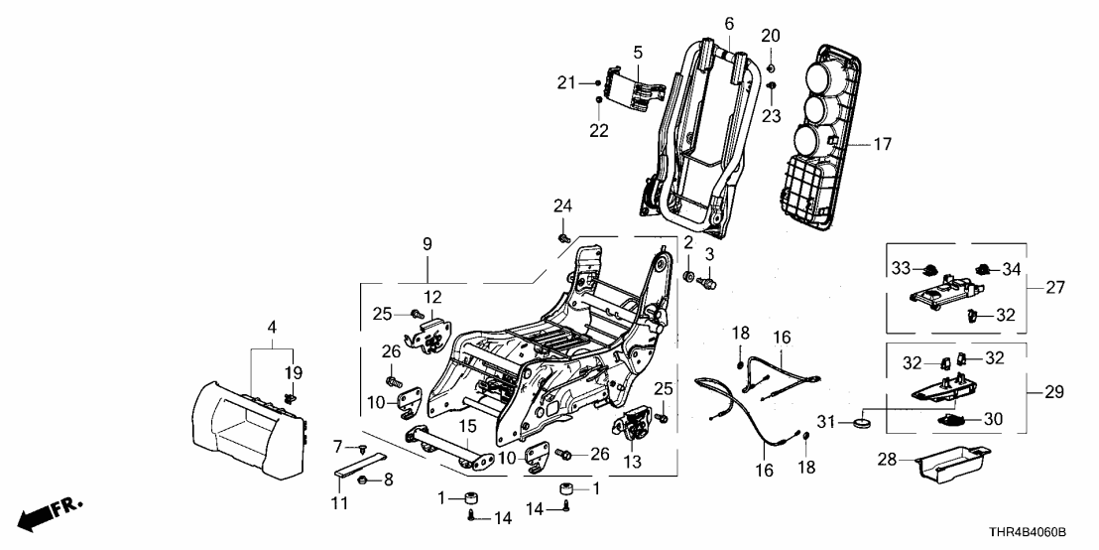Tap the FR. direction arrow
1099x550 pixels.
tap(50, 512)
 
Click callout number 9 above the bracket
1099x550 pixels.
tap(428, 242)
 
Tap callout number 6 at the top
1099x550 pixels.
tap(729, 22)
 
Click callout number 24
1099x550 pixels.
tap(563, 206)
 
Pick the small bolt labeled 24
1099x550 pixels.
tap(562, 238)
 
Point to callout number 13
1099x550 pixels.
tap(631, 462)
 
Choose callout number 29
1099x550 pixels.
tap(1053, 392)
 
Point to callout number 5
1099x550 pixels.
tap(638, 51)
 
